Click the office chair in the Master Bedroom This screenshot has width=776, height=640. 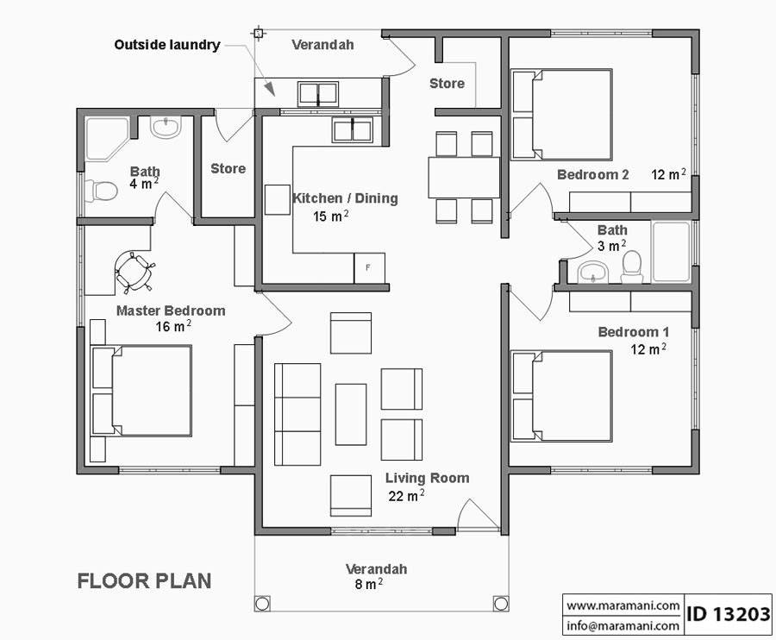134,271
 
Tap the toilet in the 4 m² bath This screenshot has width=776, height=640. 103,189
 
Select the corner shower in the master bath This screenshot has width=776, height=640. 106,138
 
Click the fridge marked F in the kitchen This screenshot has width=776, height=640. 369,267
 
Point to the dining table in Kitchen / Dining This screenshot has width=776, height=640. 464,177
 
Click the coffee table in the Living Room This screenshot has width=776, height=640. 351,414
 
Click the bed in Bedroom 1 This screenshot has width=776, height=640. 562,395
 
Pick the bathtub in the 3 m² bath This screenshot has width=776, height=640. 670,252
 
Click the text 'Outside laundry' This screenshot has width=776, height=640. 167,45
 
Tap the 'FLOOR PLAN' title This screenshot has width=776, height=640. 144,580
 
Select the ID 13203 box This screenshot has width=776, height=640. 729,614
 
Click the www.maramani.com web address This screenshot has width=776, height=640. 623,605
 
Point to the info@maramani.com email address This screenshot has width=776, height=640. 623,625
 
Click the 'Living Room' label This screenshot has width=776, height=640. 427,478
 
